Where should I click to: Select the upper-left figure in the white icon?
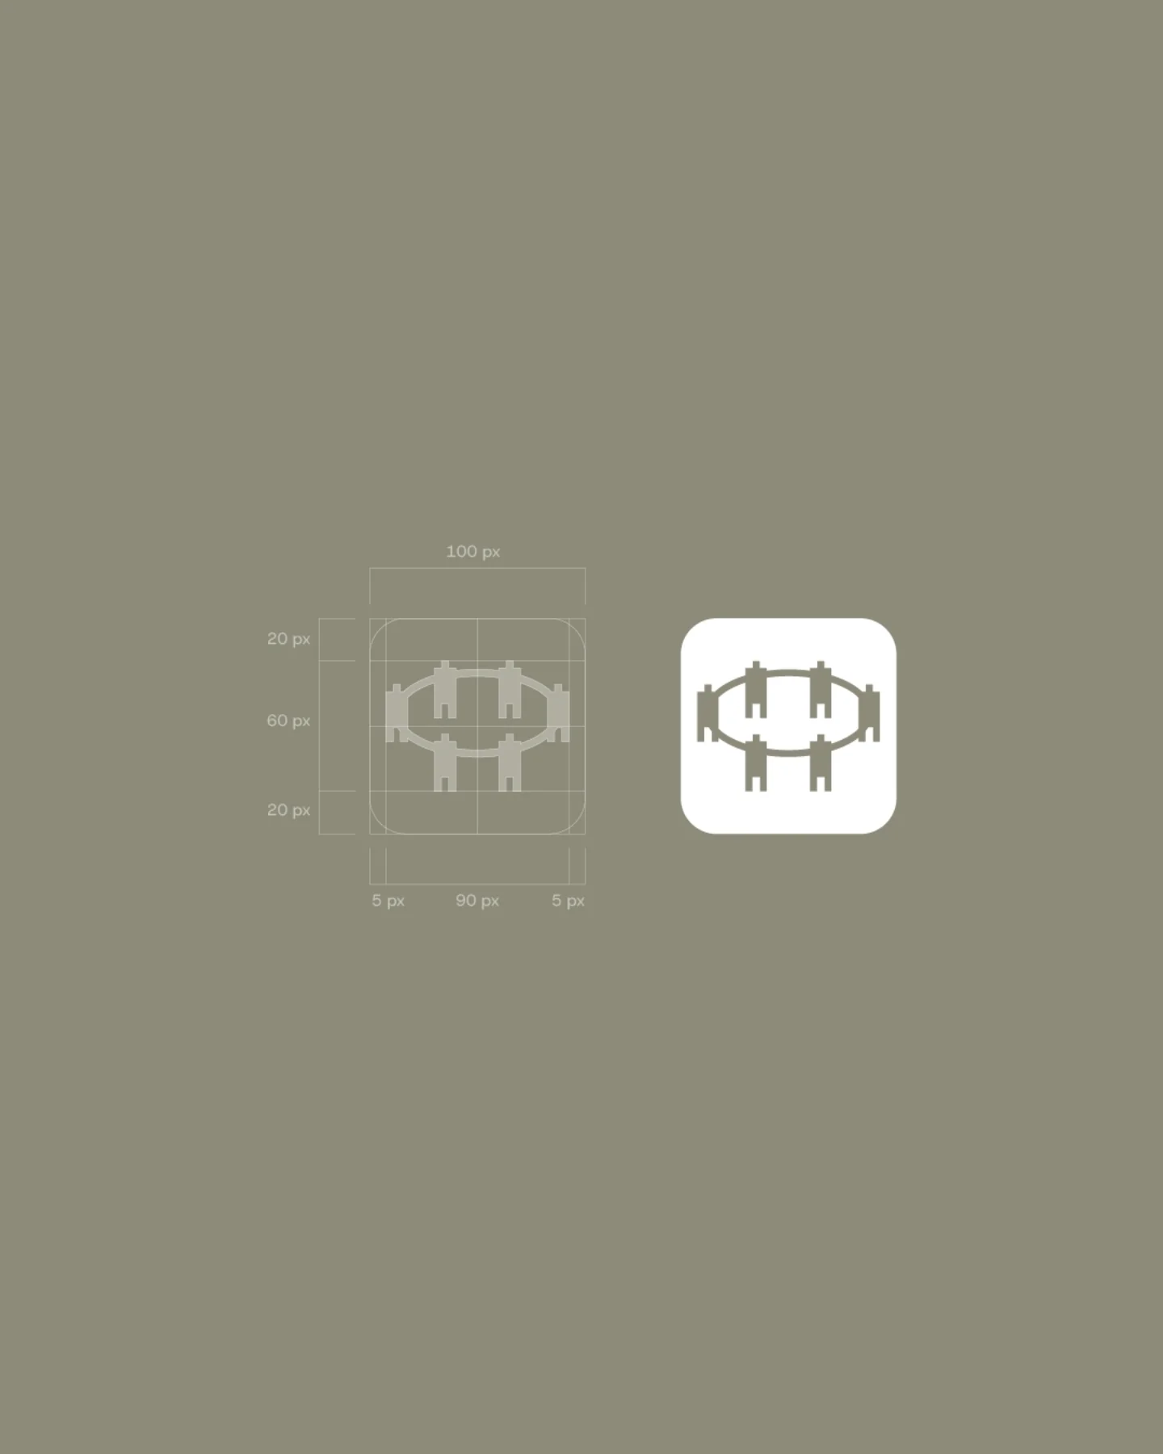pyautogui.click(x=755, y=689)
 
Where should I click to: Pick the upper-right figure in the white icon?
pyautogui.click(x=821, y=689)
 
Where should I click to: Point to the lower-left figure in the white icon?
pyautogui.click(x=755, y=763)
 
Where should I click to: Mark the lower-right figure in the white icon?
pyautogui.click(x=821, y=763)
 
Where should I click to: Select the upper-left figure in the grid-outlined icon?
pyautogui.click(x=444, y=689)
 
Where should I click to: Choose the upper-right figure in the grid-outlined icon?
pyautogui.click(x=510, y=689)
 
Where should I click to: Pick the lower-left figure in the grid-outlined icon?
pyautogui.click(x=444, y=763)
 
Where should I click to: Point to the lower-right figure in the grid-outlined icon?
pyautogui.click(x=510, y=763)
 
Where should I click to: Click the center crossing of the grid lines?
pyautogui.click(x=477, y=726)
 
